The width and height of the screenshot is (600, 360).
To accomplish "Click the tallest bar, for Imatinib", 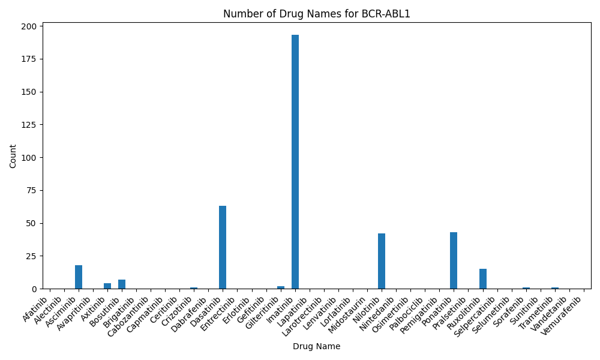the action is (x=295, y=162).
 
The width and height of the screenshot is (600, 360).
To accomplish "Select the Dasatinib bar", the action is (x=223, y=248).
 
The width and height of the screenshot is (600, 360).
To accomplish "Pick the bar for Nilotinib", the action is (x=382, y=261).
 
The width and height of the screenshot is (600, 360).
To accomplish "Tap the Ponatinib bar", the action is (x=454, y=260).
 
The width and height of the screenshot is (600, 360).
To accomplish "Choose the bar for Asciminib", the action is (x=79, y=277).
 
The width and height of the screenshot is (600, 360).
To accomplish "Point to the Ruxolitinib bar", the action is (x=483, y=279).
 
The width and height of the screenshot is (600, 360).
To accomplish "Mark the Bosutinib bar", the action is (x=122, y=284).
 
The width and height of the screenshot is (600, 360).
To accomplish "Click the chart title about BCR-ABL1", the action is (x=317, y=14).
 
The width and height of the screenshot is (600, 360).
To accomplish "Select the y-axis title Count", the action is (x=13, y=156).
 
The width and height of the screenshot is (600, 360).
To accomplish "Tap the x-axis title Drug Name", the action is (x=316, y=346).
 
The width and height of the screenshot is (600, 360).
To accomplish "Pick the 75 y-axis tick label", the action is (x=34, y=191).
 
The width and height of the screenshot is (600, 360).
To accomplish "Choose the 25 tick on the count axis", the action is (x=34, y=256).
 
